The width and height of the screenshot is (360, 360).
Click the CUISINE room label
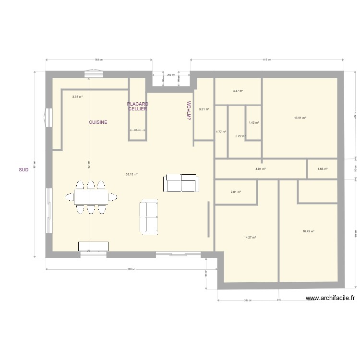point(98,122)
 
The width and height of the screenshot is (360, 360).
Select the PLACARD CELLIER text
point(138,107)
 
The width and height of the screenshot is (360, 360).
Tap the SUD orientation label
point(23,169)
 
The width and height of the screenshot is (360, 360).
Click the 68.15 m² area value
point(132,175)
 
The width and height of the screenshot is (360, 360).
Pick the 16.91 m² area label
point(300,118)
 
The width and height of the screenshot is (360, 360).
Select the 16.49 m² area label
point(308,231)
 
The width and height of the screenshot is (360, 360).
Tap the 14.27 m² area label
point(250,237)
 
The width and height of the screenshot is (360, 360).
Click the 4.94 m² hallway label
point(261,169)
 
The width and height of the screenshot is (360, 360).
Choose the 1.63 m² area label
point(323,169)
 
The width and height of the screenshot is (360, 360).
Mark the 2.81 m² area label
point(236,192)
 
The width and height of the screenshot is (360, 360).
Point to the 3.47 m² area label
point(238,91)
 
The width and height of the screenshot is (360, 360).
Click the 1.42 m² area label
point(253,123)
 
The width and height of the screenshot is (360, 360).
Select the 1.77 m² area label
point(221,132)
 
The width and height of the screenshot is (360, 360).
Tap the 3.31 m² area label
point(204,109)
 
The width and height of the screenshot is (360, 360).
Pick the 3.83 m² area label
point(77,97)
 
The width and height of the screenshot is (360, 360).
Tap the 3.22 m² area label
point(240,136)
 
